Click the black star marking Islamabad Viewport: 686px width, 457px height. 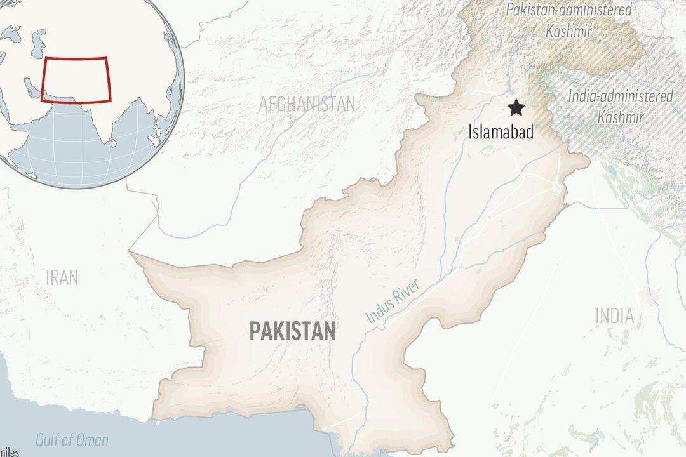coord(516,108)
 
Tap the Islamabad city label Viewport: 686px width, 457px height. coord(501,132)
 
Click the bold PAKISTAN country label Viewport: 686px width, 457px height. coord(292,331)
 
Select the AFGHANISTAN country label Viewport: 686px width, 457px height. coord(307,104)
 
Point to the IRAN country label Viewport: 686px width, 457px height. coord(62,277)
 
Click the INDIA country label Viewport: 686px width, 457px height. coord(614,315)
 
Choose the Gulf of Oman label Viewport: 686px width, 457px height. coord(72,440)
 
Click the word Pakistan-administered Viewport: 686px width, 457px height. coord(570,10)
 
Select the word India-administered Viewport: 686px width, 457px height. coord(621,96)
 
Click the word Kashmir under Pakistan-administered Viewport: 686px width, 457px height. coord(569,30)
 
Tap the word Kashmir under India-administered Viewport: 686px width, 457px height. coord(621,117)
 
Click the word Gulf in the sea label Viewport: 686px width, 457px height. coord(47,440)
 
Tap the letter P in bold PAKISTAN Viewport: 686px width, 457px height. coord(255,331)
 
